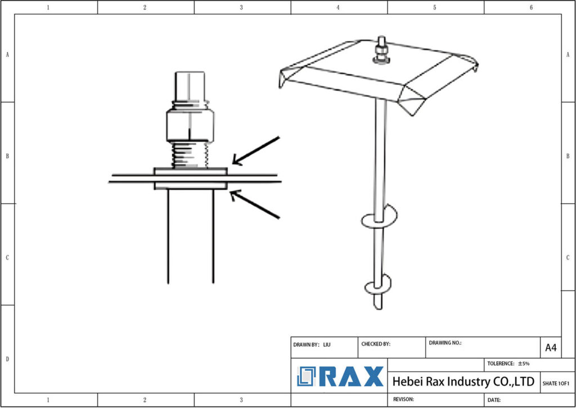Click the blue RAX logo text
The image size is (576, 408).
pos(352,377)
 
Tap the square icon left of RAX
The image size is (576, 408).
pos(307,376)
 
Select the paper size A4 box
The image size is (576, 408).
pos(551,348)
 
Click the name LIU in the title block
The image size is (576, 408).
pos(327,344)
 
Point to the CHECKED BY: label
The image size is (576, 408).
pos(375,344)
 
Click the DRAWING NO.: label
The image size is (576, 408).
pos(445,342)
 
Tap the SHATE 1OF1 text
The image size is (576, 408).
pos(556,383)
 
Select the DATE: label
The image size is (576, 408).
pos(494,400)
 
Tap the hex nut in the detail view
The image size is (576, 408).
pos(190,125)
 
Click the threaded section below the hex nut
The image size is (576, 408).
pos(190,154)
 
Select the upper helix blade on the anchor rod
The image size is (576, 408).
pos(379,217)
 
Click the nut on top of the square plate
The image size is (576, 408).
pos(381,55)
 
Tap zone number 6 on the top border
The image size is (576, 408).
pos(532,7)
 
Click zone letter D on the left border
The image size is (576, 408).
pos(7,358)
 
